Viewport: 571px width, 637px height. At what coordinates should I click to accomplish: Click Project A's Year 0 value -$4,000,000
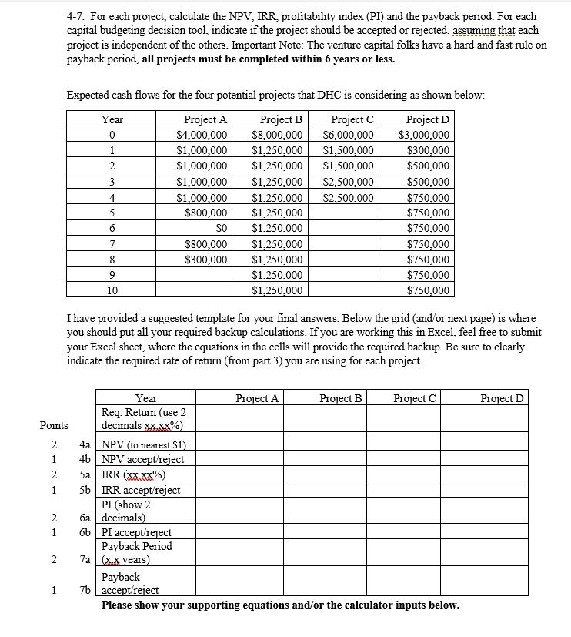202,135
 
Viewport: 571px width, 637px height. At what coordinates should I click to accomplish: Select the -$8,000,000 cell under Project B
277,135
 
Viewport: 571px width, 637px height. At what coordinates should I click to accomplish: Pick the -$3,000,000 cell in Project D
422,135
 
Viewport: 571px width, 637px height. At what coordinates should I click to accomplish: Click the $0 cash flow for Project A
222,228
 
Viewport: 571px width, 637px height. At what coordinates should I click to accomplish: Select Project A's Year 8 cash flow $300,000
208,260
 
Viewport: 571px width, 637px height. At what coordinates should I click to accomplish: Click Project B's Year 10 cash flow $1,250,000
277,290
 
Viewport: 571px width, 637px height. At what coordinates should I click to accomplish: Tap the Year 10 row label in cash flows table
112,290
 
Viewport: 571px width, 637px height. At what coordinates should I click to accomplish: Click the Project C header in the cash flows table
352,119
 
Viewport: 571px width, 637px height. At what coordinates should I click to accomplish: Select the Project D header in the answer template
502,398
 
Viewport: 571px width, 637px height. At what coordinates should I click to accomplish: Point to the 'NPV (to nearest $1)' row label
139,444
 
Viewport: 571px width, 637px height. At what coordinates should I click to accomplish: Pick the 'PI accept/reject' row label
137,532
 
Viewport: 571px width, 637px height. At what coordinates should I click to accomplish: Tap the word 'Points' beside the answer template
54,425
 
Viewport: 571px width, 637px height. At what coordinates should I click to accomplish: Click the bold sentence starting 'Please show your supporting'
280,605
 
